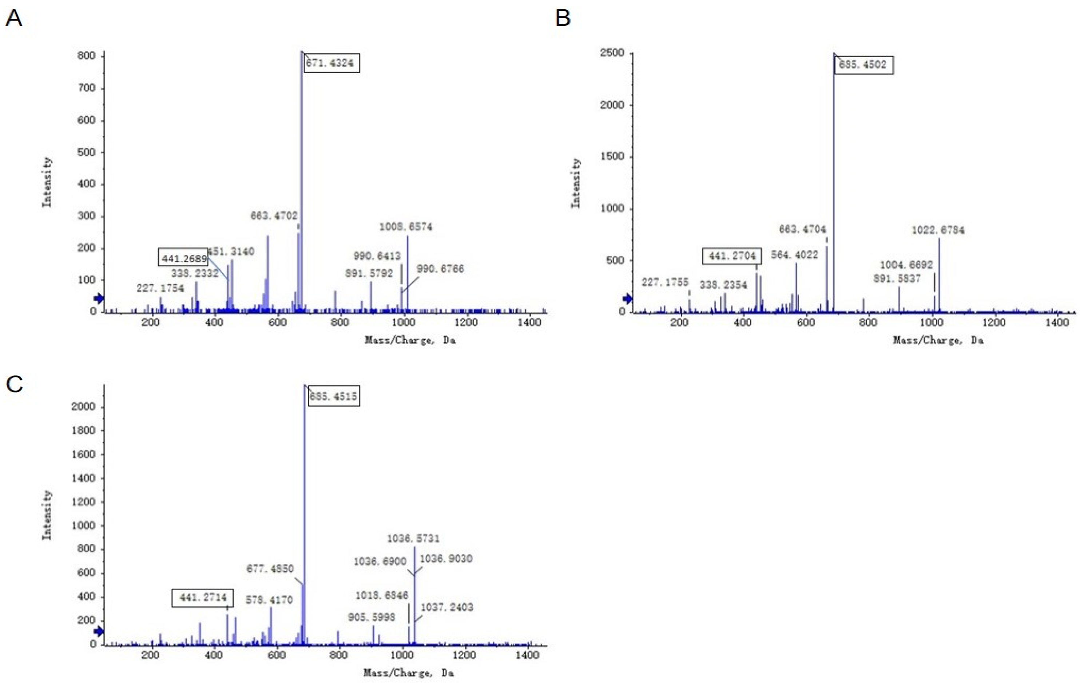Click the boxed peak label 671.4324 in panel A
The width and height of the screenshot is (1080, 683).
pos(330,63)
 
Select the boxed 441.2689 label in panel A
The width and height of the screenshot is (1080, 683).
pos(184,259)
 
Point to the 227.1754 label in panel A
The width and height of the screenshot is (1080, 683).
pos(160,288)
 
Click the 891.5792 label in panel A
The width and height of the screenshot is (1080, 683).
pos(369,274)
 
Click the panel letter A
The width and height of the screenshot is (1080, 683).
pos(14,19)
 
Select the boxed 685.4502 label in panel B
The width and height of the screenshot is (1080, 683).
pos(863,64)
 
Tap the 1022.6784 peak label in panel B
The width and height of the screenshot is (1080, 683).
pos(938,230)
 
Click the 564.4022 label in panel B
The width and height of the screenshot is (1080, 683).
pos(794,255)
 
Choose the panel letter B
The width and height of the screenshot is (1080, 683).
pos(563,19)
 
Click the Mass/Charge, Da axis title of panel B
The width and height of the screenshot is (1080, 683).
pos(938,340)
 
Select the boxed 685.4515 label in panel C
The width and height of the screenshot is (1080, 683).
pos(333,396)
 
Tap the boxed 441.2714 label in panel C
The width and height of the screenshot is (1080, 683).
pos(203,598)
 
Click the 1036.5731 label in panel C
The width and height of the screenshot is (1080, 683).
pos(413,538)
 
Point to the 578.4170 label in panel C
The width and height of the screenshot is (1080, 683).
pos(269,600)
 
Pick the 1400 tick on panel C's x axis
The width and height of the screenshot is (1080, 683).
pos(527,655)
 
